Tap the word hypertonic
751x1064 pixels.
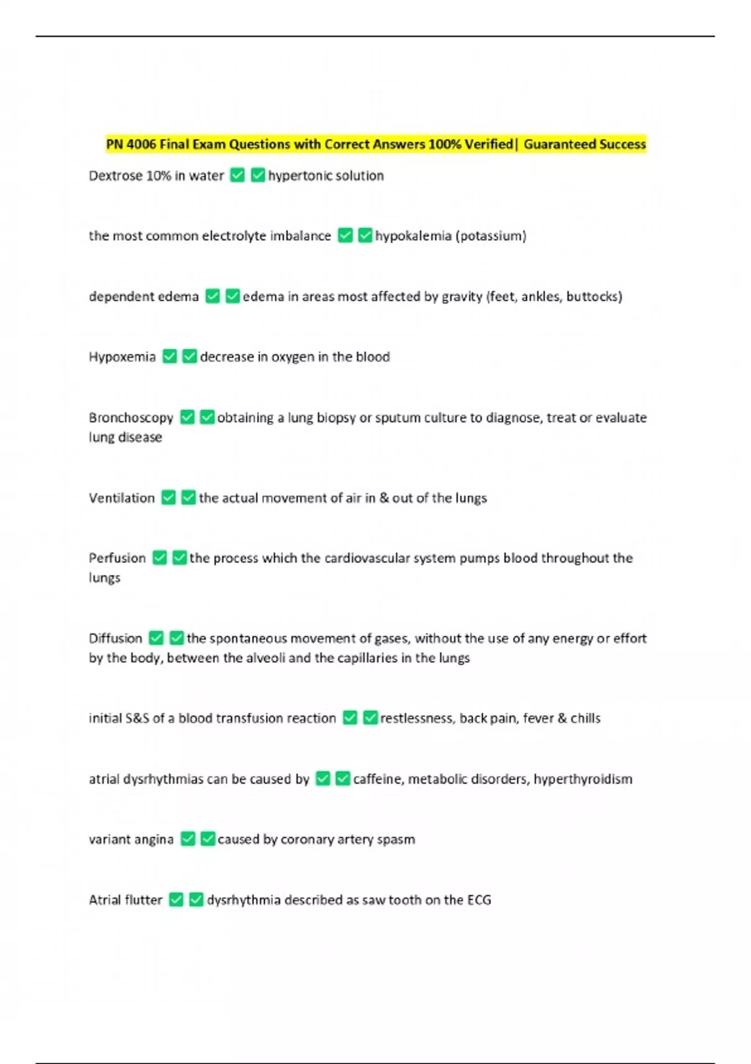coord(295,176)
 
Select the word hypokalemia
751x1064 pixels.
coord(413,236)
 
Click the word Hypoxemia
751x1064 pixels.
coord(122,357)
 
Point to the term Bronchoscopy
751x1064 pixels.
coord(131,417)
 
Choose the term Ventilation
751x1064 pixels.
coord(121,498)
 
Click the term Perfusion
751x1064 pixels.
coord(117,558)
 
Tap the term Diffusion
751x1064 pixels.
coord(115,638)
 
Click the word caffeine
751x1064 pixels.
coord(378,779)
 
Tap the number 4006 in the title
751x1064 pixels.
coord(141,145)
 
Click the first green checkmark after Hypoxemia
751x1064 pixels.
coord(170,356)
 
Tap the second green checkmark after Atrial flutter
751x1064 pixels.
coord(196,899)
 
